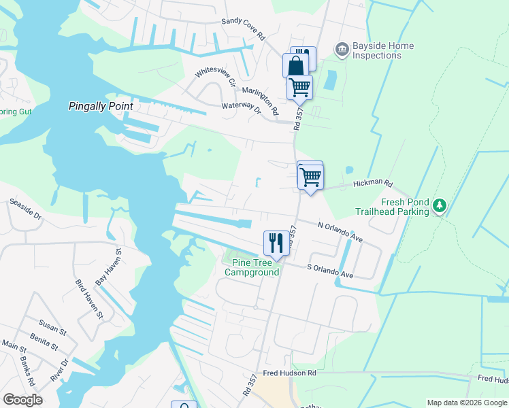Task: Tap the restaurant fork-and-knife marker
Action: pyautogui.click(x=276, y=243)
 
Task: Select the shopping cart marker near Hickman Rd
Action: pyautogui.click(x=310, y=176)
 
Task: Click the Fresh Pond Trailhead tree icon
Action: pyautogui.click(x=440, y=205)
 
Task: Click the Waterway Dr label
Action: pyautogui.click(x=242, y=107)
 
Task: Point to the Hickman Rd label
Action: pyautogui.click(x=373, y=184)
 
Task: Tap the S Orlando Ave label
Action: pyautogui.click(x=330, y=271)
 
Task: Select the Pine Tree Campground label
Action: pyautogui.click(x=256, y=267)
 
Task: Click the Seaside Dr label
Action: pyautogui.click(x=26, y=210)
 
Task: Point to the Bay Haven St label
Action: pyautogui.click(x=109, y=267)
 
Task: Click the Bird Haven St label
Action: pyautogui.click(x=89, y=300)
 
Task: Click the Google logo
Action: pyautogui.click(x=22, y=399)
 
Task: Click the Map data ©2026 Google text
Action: pyautogui.click(x=466, y=403)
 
